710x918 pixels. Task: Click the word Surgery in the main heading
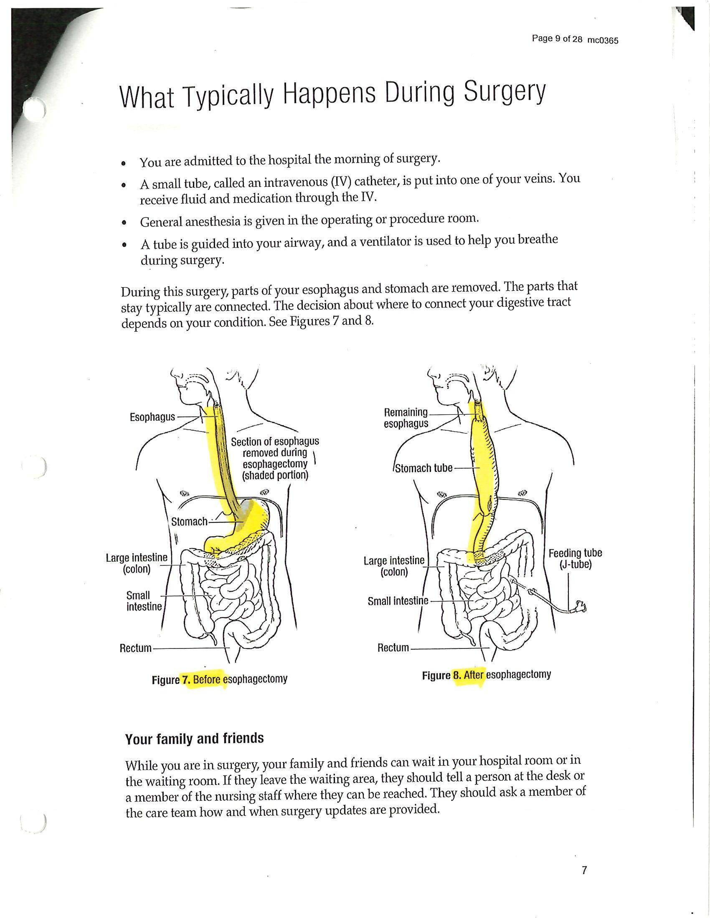[x=505, y=93]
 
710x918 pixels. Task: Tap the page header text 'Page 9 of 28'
[x=557, y=39]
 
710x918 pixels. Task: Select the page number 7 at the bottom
[x=584, y=870]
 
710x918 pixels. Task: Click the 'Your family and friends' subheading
[x=194, y=739]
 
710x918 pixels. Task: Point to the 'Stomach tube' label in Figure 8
[x=423, y=468]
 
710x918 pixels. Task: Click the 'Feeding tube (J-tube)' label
[x=575, y=559]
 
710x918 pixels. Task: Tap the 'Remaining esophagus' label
[x=406, y=418]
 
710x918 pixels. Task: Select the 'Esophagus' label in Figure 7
[x=152, y=417]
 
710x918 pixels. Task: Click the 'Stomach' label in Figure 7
[x=189, y=522]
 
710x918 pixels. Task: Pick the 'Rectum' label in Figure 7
[x=135, y=648]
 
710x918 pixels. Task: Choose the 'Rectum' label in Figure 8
[x=393, y=648]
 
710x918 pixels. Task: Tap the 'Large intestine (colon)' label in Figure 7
[x=137, y=563]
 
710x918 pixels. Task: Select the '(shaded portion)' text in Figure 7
[x=276, y=475]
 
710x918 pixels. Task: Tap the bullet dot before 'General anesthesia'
[x=123, y=222]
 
